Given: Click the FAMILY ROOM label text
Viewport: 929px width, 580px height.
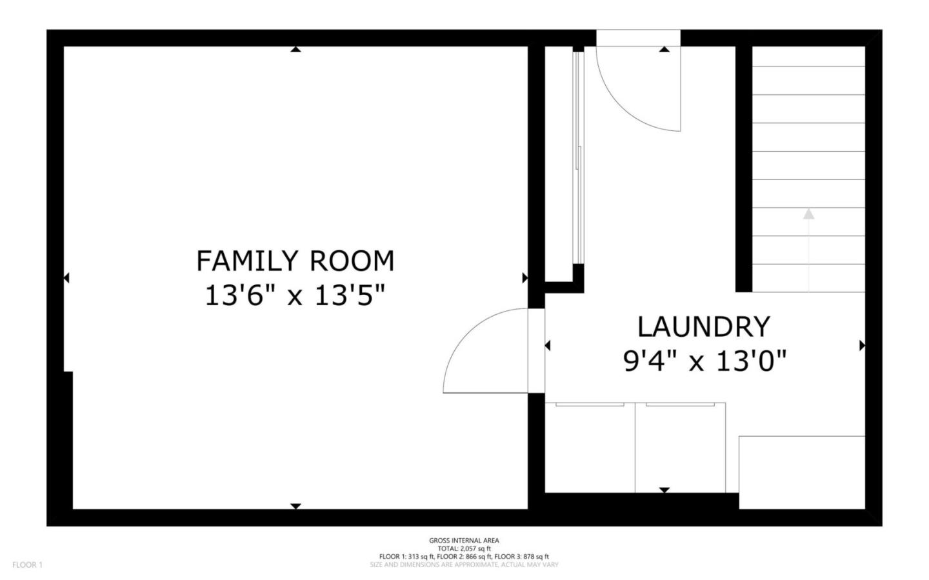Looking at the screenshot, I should [295, 261].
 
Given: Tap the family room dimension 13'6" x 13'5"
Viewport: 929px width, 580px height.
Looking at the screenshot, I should [295, 296].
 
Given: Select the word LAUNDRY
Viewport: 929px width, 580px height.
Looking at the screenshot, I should [703, 327].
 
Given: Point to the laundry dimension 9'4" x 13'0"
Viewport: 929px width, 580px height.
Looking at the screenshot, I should [704, 361].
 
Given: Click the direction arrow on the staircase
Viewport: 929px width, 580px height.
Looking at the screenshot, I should [808, 214].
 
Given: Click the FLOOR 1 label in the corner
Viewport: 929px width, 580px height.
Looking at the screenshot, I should [27, 565].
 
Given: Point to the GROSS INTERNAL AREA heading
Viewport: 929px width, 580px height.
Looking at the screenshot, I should [464, 541].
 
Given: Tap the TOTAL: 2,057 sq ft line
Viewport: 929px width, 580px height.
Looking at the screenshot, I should [464, 548].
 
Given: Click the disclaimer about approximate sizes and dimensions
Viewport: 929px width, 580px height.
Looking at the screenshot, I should [464, 565].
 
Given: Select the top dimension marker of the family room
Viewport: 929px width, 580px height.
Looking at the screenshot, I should [295, 49].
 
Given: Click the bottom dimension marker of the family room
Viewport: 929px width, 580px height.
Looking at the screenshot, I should [295, 506].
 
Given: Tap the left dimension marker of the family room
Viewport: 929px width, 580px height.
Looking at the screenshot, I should [66, 278].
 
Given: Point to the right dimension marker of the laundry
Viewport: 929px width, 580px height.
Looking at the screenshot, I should [862, 346].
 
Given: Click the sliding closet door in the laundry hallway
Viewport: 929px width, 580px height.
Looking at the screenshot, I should [579, 158].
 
